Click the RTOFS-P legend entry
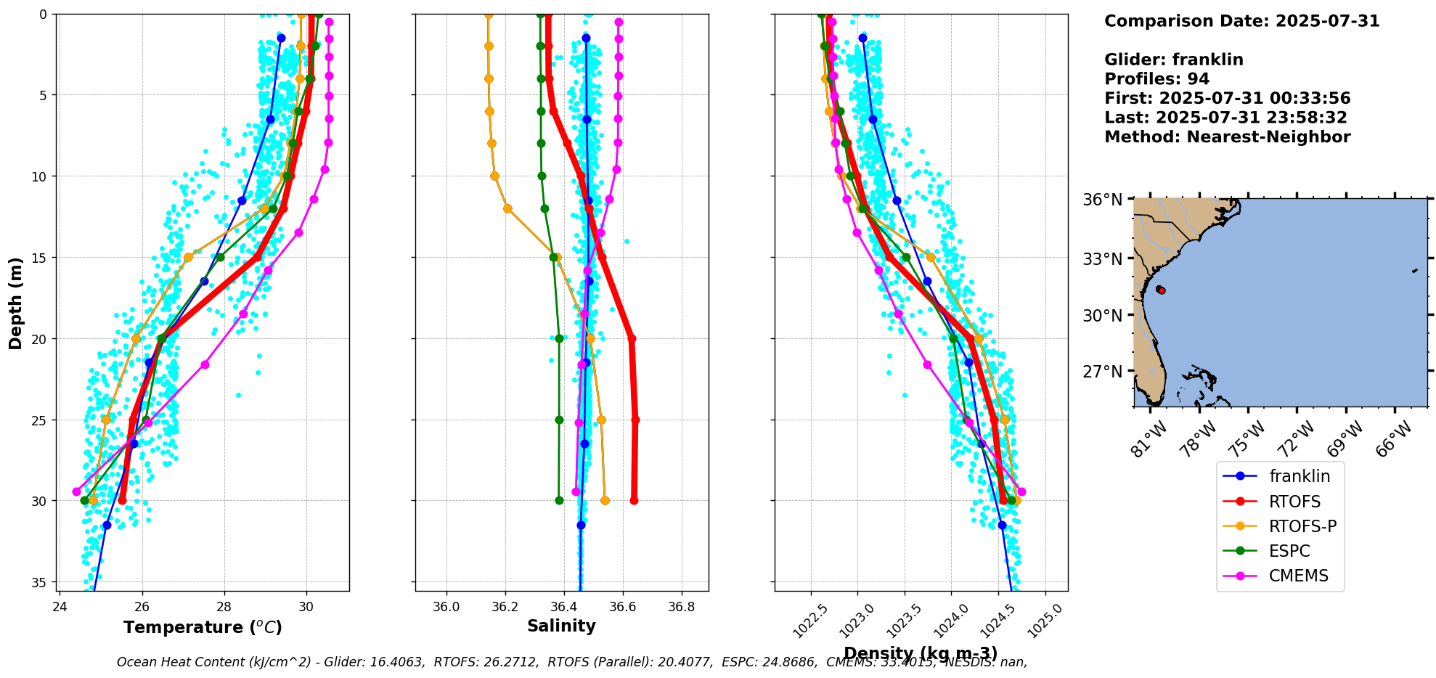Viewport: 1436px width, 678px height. pos(1302,526)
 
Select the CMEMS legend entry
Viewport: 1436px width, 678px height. pos(1298,576)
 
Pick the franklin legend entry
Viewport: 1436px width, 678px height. pos(1300,476)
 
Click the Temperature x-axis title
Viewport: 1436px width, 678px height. pos(203,627)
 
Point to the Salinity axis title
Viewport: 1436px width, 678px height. pos(561,626)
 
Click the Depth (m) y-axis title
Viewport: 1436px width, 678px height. pos(15,303)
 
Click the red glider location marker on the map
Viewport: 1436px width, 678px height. pos(1161,290)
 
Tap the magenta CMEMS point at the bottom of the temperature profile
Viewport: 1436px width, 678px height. pos(76,491)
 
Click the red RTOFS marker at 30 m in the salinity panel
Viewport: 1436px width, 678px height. pos(634,500)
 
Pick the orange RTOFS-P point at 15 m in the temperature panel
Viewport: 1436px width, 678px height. pos(188,257)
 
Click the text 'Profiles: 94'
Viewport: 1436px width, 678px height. pos(1156,79)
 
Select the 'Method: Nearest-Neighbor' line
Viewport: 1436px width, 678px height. pos(1227,137)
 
